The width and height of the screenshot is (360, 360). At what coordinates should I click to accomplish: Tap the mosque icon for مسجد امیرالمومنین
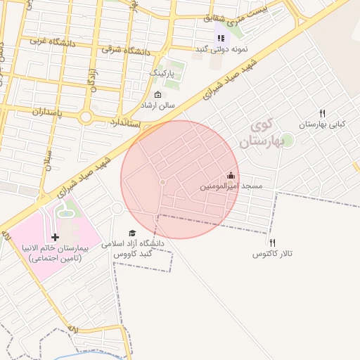[x=231, y=175]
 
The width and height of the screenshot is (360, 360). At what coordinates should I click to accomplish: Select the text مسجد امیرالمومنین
[x=231, y=186]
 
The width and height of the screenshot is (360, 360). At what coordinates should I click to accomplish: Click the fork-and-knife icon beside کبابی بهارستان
[x=322, y=113]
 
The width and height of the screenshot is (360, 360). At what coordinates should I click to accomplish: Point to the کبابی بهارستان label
[x=323, y=124]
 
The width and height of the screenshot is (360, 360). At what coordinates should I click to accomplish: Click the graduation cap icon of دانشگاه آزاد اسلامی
[x=132, y=233]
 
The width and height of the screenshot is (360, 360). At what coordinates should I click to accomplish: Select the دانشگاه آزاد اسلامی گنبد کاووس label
[x=133, y=248]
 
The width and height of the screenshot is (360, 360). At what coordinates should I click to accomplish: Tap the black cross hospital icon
[x=56, y=238]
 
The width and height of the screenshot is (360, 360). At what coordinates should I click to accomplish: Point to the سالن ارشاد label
[x=157, y=105]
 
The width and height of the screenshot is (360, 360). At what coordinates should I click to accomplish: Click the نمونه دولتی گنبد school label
[x=221, y=50]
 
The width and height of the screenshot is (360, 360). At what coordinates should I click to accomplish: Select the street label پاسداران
[x=49, y=112]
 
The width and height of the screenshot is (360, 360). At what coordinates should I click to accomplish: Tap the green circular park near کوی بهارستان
[x=287, y=140]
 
